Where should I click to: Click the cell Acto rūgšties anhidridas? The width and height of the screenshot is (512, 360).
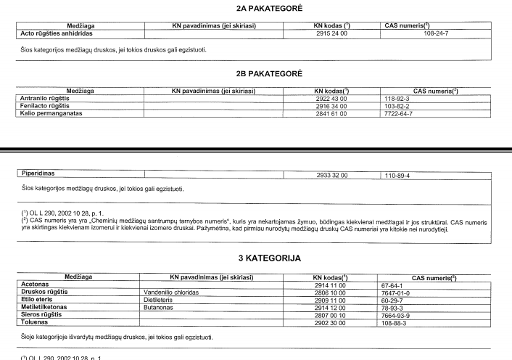coord(53,33)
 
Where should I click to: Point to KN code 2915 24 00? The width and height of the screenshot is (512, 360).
coord(332,33)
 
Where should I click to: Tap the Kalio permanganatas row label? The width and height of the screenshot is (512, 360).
coord(50,113)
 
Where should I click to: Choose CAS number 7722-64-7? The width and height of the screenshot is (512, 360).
coord(399,113)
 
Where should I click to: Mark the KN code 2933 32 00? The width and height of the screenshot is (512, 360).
coord(332,175)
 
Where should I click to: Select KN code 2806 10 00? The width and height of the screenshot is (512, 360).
coord(331,292)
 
